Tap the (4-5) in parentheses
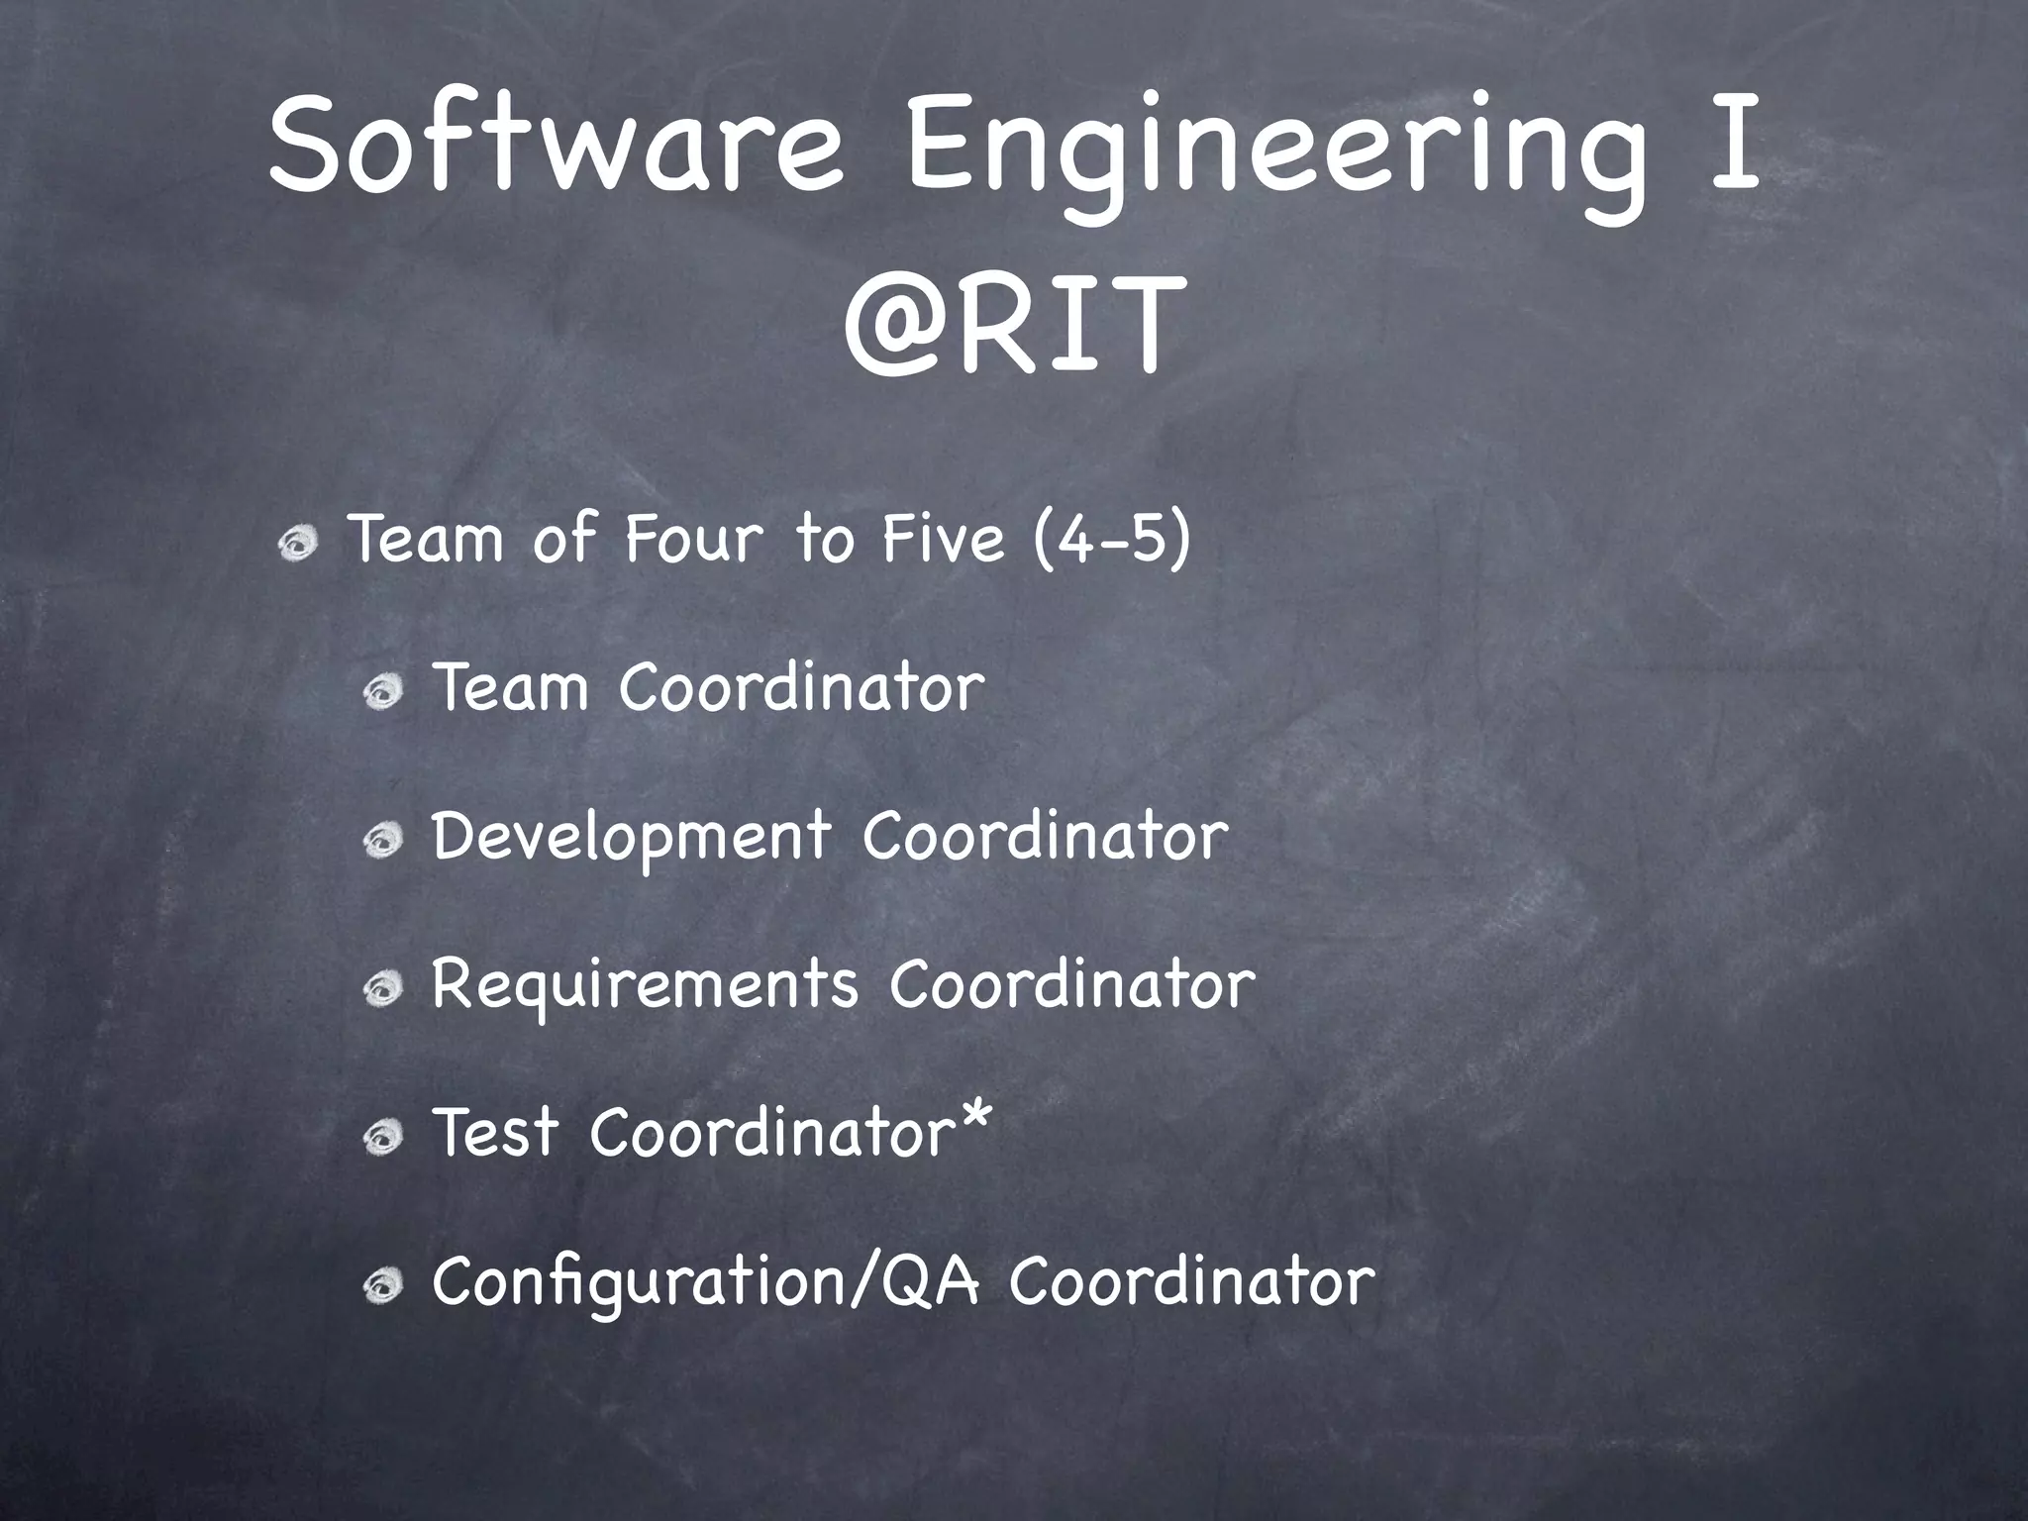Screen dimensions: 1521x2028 (1111, 542)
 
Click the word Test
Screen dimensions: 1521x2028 (495, 1133)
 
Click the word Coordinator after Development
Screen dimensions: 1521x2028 (1045, 838)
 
